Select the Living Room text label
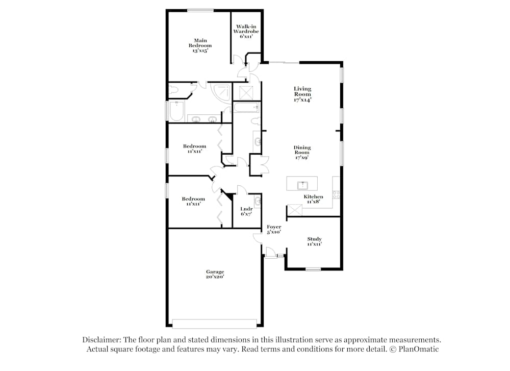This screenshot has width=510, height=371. click(302, 94)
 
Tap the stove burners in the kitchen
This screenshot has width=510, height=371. click(336, 194)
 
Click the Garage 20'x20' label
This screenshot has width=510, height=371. click(215, 275)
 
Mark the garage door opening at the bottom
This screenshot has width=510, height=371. click(214, 324)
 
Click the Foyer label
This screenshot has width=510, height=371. click(274, 230)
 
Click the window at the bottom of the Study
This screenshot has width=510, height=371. click(313, 269)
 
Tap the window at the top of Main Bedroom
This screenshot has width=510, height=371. click(200, 10)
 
